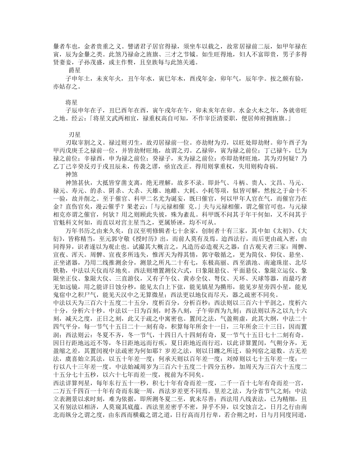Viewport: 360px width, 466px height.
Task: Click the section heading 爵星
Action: point(74,70)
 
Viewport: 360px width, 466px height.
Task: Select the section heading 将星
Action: point(71,101)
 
